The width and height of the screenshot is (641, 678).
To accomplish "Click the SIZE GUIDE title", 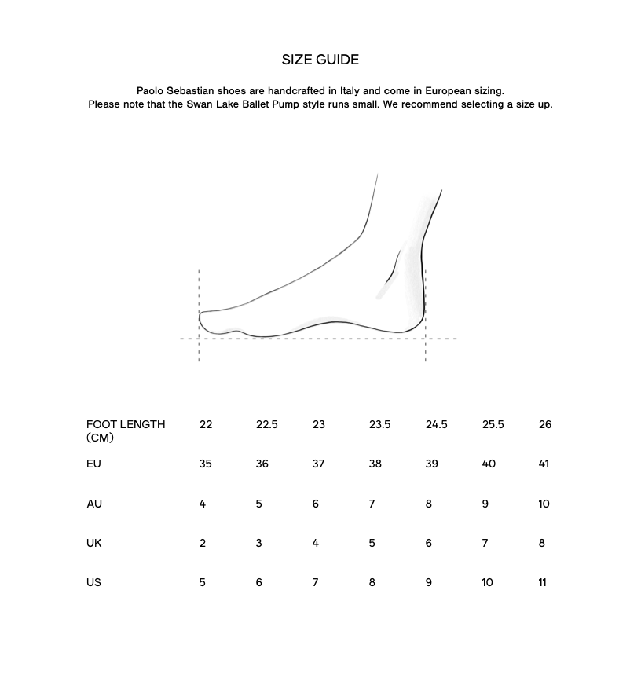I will (x=320, y=60).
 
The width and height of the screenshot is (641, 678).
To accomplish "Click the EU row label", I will (x=93, y=464).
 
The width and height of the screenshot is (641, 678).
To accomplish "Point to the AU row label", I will (x=94, y=504).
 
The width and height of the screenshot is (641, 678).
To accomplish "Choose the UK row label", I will (x=94, y=543).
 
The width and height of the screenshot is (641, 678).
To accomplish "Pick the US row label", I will (x=94, y=582).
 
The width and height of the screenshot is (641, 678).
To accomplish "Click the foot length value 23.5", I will (x=379, y=424).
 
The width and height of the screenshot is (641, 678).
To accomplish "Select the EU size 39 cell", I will (x=431, y=464).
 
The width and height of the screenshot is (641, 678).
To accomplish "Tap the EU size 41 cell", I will (x=544, y=464).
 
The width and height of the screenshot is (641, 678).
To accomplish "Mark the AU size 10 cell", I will (x=544, y=504).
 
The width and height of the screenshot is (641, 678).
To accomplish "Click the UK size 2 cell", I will (x=203, y=543).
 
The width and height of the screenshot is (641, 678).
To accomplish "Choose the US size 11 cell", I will (x=542, y=582).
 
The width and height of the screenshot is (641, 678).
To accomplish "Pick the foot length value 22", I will (x=206, y=424).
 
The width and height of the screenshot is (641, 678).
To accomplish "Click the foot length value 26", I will (x=545, y=424).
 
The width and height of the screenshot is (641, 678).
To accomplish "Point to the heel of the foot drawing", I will (x=421, y=318).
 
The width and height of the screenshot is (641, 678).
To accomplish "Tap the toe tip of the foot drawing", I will (x=202, y=318).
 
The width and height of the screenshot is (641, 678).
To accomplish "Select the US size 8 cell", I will (x=372, y=582).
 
